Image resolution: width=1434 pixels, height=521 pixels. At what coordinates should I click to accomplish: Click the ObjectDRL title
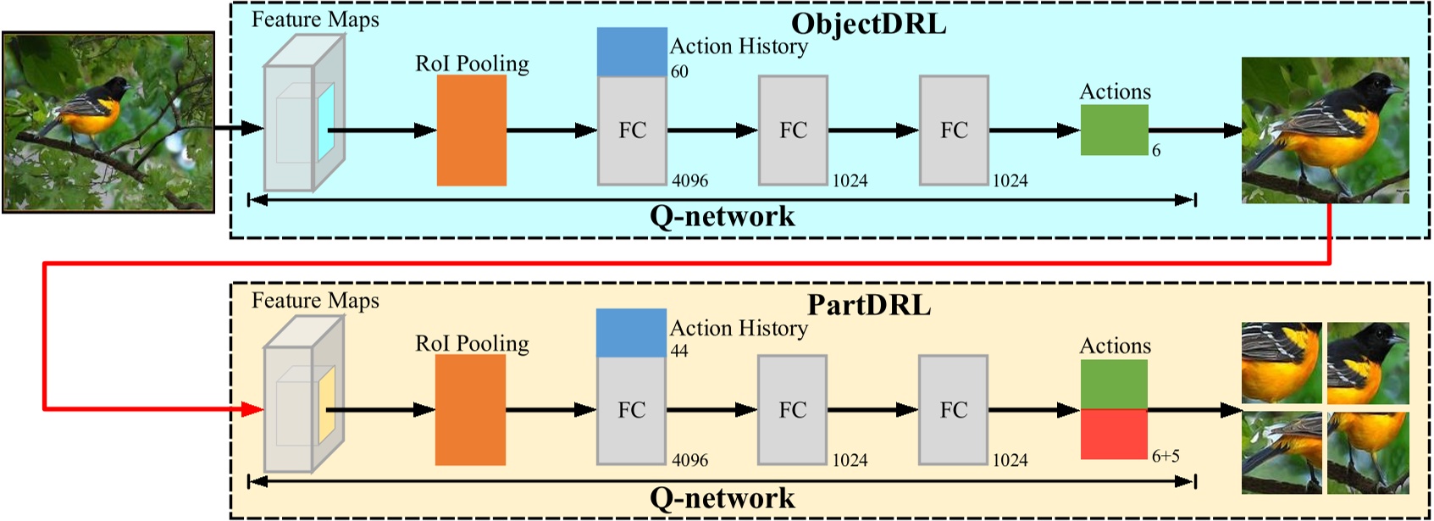tap(868, 23)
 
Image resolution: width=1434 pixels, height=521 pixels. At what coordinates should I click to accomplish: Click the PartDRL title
tap(868, 304)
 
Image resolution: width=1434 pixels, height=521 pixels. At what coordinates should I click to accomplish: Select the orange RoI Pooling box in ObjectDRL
tap(471, 130)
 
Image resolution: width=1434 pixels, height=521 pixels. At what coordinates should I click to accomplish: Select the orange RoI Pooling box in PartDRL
tap(470, 410)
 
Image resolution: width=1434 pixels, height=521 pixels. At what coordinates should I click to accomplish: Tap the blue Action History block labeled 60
tap(631, 52)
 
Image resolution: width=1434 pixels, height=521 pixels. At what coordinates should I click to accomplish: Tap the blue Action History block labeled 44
tap(631, 333)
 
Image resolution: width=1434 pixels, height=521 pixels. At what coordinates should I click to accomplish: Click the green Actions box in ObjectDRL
tap(1114, 130)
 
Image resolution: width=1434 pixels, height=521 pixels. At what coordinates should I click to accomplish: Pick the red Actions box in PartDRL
tap(1114, 435)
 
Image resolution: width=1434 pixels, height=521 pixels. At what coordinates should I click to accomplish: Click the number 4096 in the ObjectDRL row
tap(689, 180)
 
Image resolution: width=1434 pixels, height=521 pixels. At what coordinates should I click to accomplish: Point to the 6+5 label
tap(1165, 456)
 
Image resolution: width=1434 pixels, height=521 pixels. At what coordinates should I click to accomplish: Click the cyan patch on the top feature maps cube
tap(326, 122)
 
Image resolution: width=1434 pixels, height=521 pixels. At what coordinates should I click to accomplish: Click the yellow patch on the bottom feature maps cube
tap(326, 404)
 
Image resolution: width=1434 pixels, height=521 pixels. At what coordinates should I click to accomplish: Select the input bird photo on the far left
tap(108, 122)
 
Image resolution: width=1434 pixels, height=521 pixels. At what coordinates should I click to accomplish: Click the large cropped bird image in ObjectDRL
tap(1325, 130)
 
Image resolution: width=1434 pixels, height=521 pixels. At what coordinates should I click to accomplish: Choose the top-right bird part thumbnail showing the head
tap(1368, 363)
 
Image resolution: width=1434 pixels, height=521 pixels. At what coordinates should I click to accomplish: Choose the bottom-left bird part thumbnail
tap(1281, 452)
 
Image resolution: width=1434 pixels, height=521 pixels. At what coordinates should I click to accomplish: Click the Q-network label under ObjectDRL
tap(722, 217)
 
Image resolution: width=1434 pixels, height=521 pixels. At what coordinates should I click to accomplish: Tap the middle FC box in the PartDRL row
tap(792, 410)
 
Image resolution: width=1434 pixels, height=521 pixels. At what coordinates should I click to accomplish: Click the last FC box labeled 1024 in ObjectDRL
tap(954, 130)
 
